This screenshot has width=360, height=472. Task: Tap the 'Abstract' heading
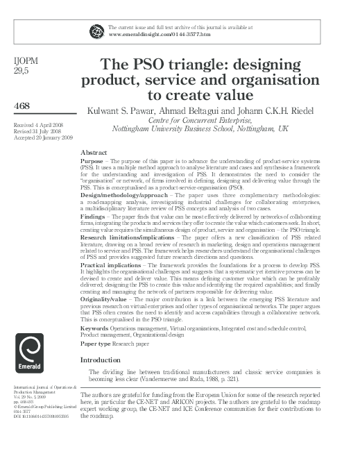coord(94,151)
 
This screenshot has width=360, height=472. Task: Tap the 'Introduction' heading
coord(105,360)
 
